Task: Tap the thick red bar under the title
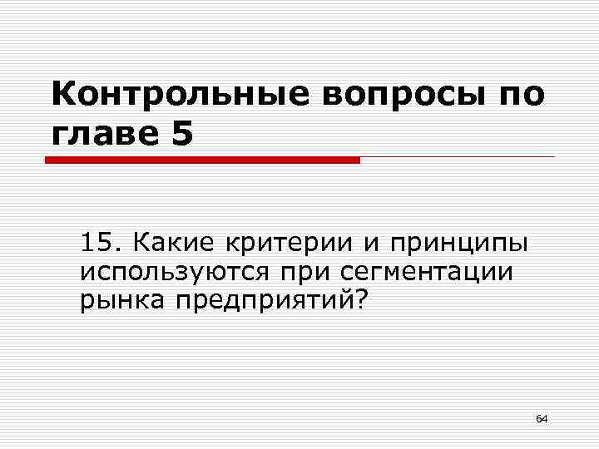(x=202, y=159)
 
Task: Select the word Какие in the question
(x=171, y=244)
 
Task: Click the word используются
(x=167, y=273)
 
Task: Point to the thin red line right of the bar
(x=457, y=156)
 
